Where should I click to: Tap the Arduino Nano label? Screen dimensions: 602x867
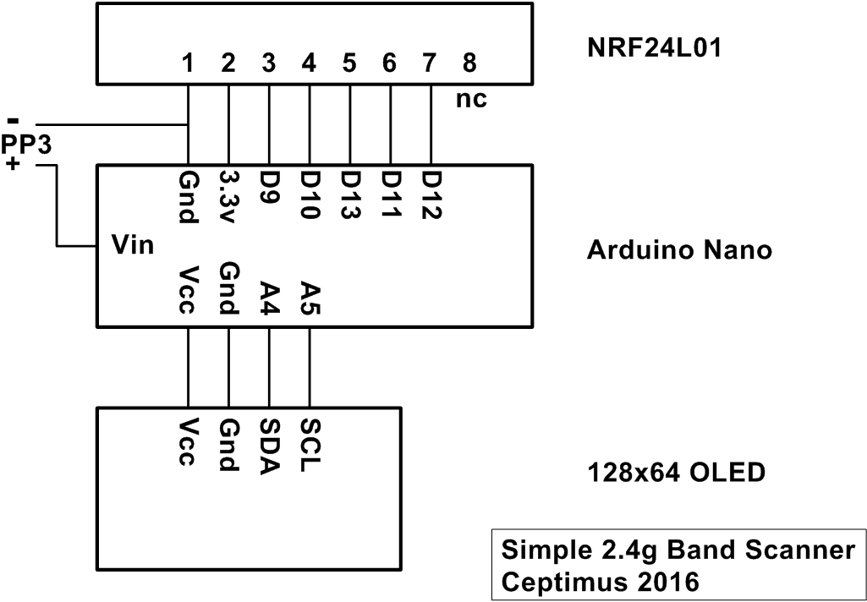[x=679, y=251]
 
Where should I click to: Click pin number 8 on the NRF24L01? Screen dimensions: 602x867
[x=470, y=63]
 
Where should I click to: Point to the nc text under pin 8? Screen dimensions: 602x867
[x=471, y=99]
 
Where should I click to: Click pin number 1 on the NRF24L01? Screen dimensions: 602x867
[x=188, y=63]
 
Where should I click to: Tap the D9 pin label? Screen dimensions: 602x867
[x=269, y=185]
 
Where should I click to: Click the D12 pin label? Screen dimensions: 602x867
[x=431, y=194]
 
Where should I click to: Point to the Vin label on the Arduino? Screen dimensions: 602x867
[x=133, y=247]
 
